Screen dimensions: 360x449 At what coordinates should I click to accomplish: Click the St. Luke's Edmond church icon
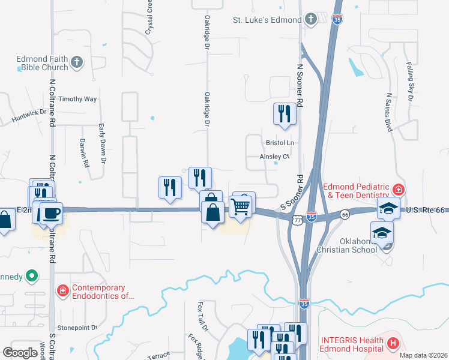[x=310, y=20]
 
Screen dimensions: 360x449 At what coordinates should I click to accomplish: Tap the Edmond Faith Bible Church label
[x=42, y=63]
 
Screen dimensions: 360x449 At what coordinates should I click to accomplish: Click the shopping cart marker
[x=241, y=207]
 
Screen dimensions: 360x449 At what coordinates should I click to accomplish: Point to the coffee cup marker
[x=51, y=212]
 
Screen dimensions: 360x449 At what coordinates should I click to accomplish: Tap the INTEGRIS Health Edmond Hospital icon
[x=393, y=343]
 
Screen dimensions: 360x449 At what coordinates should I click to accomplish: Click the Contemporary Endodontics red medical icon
[x=62, y=292]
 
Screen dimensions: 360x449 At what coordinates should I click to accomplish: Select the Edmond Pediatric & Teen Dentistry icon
[x=397, y=190]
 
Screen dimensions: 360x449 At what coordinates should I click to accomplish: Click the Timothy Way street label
[x=77, y=99]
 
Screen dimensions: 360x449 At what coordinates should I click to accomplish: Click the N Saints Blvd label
[x=389, y=112]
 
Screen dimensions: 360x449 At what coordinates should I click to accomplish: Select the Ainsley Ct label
[x=274, y=157]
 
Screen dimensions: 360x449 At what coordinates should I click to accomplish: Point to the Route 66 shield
[x=345, y=214]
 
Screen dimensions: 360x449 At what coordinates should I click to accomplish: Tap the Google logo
[x=20, y=353]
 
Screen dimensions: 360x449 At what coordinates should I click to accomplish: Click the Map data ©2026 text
[x=423, y=355]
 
